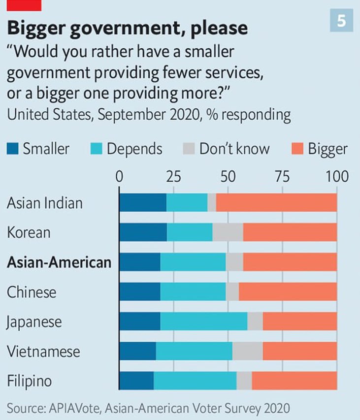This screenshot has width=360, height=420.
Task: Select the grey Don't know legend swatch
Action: [x=189, y=149]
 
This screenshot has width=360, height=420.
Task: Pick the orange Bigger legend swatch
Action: [x=297, y=149]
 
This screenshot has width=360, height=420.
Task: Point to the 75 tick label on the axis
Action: [x=282, y=176]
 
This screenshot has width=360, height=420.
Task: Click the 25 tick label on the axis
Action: [x=173, y=176]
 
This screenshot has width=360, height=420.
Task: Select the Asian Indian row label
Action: [x=44, y=203]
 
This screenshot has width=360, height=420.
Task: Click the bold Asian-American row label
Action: [x=59, y=262]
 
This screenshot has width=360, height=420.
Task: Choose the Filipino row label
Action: [x=30, y=382]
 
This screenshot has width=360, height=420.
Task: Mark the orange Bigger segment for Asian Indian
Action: [x=276, y=202]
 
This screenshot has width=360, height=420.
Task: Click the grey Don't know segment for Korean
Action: [x=228, y=232]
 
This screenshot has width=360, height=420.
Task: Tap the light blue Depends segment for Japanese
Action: [x=203, y=322]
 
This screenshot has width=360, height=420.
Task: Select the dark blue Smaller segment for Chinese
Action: [x=140, y=292]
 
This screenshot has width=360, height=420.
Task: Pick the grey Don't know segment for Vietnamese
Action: [x=247, y=352]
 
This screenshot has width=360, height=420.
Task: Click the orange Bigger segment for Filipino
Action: [x=294, y=382]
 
